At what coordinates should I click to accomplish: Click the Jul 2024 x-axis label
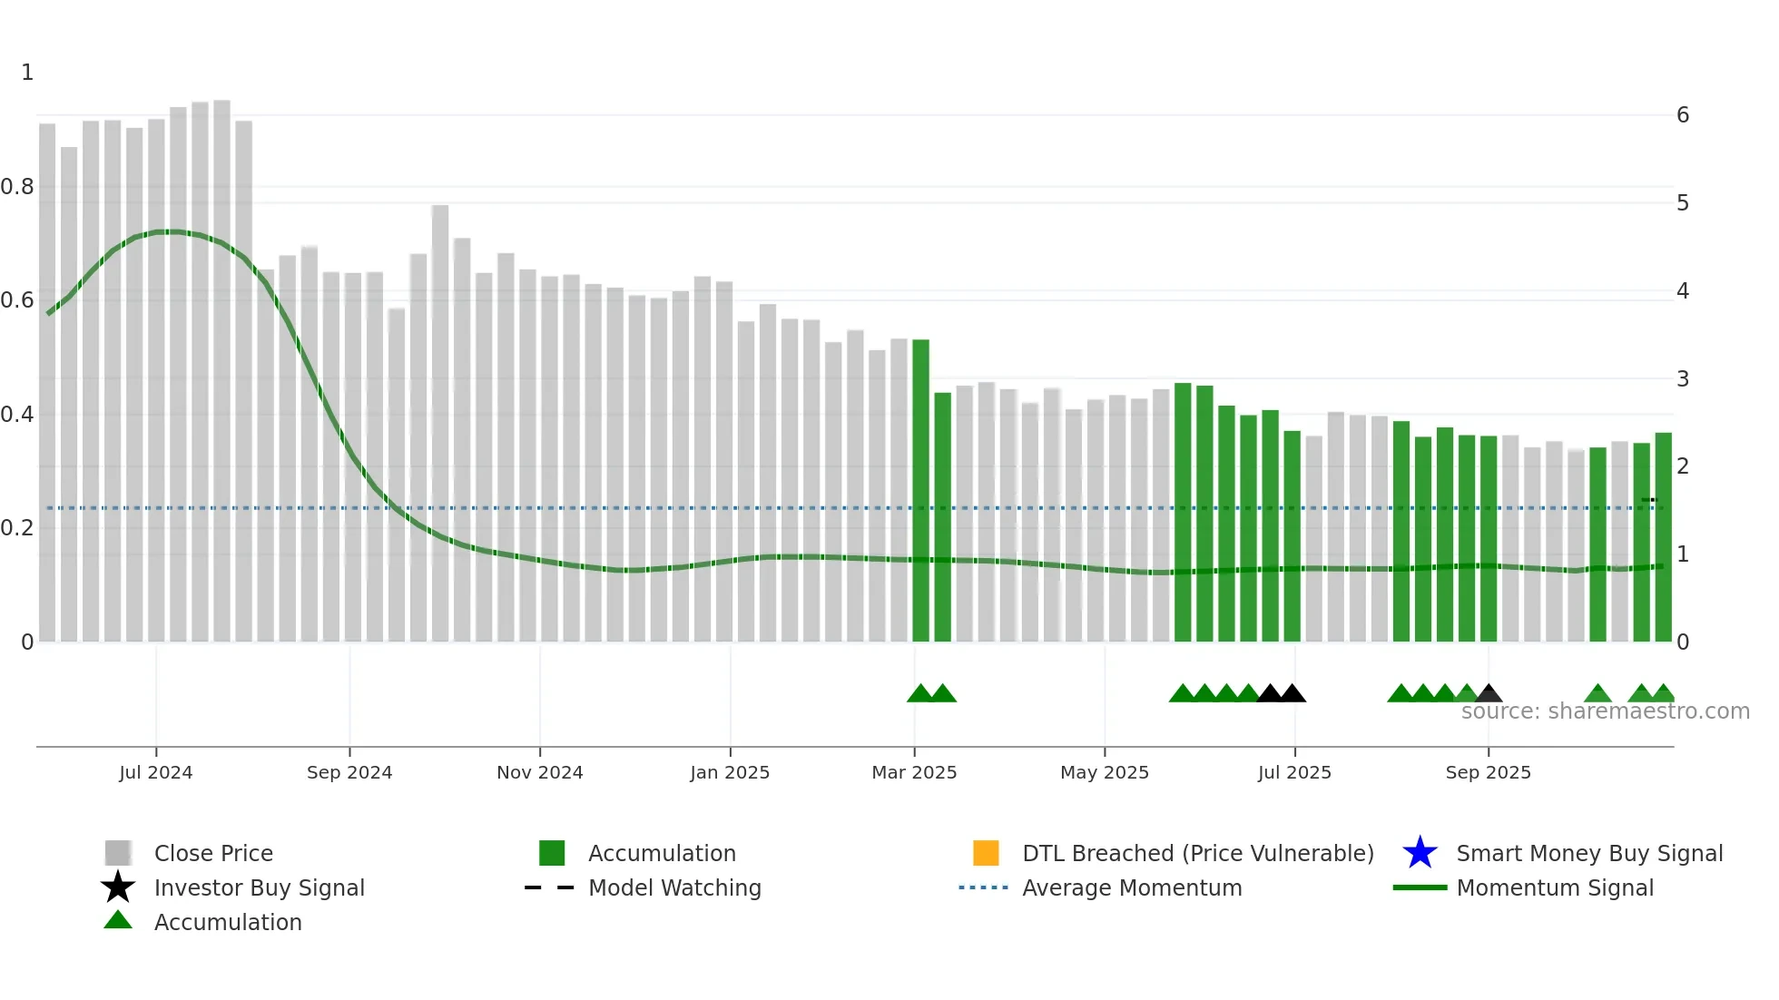tap(155, 772)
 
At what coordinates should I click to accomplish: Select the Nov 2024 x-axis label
tap(539, 772)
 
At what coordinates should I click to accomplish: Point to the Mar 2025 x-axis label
tap(914, 772)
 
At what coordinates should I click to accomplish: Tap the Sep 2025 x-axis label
tap(1488, 772)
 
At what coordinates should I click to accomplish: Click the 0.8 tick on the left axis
tap(17, 187)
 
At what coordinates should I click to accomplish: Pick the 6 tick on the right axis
tap(1683, 115)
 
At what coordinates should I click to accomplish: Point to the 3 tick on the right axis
tap(1683, 378)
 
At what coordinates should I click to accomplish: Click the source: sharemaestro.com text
tap(1605, 711)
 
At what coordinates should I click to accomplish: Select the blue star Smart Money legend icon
tap(1420, 853)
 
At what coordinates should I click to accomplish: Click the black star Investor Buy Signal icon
tap(118, 887)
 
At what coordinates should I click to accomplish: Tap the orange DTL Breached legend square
tap(986, 853)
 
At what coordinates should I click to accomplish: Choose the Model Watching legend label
tap(674, 887)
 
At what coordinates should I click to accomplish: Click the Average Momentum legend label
tap(1132, 887)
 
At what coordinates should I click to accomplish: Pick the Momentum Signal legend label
tap(1555, 887)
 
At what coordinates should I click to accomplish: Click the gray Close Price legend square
tap(118, 853)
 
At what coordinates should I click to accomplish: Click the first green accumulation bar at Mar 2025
tap(920, 490)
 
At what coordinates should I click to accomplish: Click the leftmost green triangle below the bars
tap(920, 694)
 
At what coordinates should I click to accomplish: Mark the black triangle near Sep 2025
tap(1489, 694)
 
